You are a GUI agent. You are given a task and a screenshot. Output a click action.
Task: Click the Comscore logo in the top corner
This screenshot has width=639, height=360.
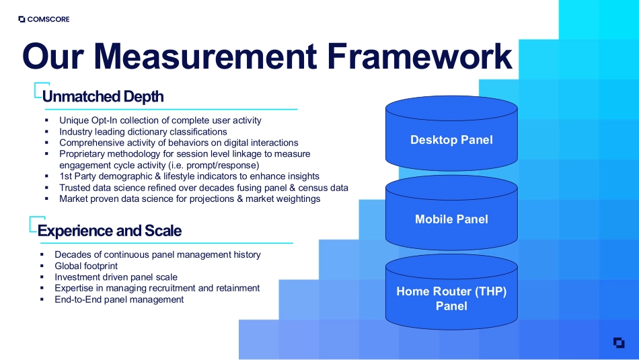[x=44, y=20]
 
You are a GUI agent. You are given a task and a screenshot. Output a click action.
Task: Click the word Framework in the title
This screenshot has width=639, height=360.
[x=419, y=57]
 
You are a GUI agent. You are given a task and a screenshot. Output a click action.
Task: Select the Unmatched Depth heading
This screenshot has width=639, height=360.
[x=103, y=96]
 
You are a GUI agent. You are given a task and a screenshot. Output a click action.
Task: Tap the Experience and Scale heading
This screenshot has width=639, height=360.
[x=110, y=231]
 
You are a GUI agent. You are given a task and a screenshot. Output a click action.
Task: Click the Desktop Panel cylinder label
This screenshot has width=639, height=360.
[x=451, y=140]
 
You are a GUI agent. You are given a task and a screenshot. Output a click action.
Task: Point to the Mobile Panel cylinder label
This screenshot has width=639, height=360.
[x=451, y=219]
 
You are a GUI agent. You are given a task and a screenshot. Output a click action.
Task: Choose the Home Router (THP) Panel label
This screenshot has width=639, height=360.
[x=451, y=299]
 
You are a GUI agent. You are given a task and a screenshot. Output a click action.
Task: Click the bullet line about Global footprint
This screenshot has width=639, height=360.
[x=86, y=266]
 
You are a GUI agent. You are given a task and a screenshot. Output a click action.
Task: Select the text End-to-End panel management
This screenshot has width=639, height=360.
[x=119, y=299]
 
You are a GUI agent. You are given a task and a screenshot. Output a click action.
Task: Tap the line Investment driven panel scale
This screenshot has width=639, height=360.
[x=116, y=277]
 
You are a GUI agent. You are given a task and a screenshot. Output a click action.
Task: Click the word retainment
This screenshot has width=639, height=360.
[x=236, y=288]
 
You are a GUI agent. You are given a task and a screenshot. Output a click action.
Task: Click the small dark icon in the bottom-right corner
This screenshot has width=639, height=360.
[x=619, y=343]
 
